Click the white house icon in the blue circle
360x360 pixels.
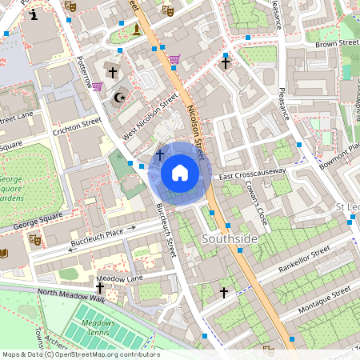click(x=180, y=173)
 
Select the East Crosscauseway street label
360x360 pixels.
click(x=253, y=174)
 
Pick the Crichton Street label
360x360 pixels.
click(x=78, y=129)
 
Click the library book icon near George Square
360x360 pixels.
click(x=5, y=253)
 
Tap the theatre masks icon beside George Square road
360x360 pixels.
click(x=34, y=238)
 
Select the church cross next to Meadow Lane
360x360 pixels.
click(x=100, y=287)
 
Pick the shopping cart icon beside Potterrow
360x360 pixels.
click(x=97, y=86)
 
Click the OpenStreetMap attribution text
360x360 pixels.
click(x=80, y=354)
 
